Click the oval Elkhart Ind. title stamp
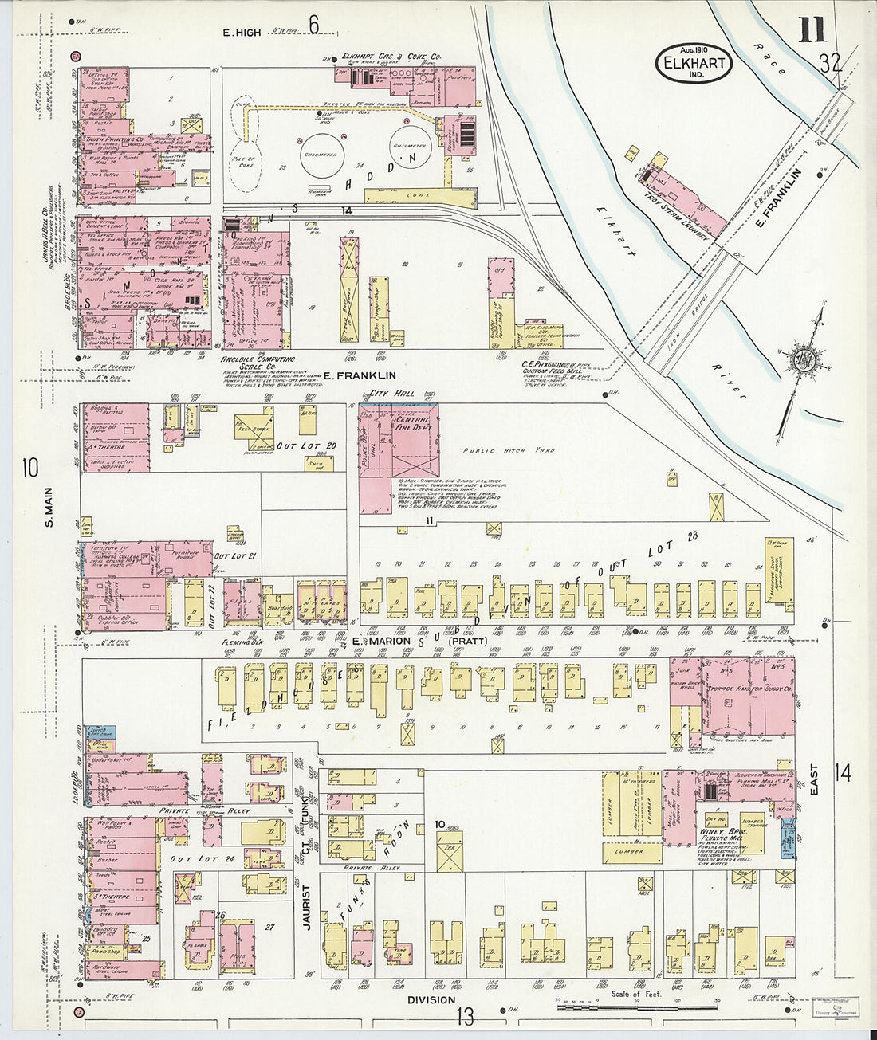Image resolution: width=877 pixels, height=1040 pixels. [x=694, y=62]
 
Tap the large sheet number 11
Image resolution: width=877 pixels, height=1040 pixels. [x=811, y=30]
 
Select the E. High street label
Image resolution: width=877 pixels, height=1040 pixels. [x=242, y=32]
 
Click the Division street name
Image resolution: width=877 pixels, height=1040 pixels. [x=431, y=999]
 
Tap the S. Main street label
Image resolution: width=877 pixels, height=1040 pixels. [x=48, y=510]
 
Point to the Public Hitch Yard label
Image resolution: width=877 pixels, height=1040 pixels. [x=509, y=450]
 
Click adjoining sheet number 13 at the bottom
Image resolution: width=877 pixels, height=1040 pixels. [x=465, y=1017]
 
